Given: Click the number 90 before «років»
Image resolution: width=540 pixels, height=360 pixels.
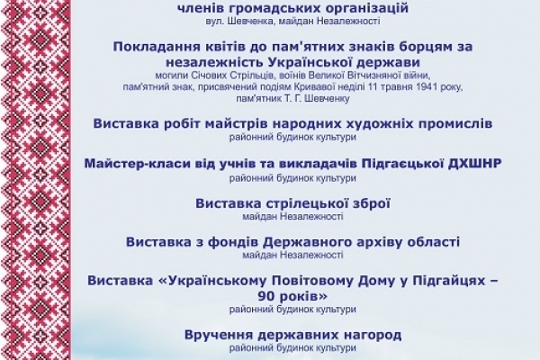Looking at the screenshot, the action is (265, 296).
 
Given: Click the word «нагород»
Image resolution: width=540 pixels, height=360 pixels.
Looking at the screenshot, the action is (373, 335).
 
